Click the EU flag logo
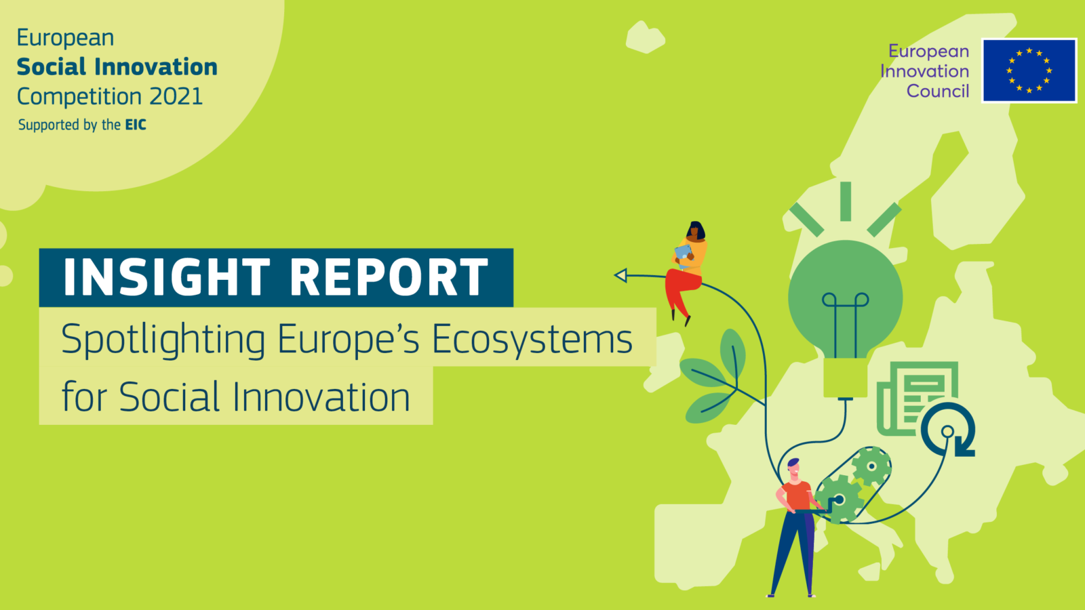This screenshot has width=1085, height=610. [1029, 70]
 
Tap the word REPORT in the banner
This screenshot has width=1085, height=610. [389, 277]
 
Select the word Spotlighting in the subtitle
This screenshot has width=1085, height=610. [163, 340]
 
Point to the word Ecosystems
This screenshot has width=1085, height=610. [532, 340]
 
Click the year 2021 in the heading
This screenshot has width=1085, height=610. [176, 96]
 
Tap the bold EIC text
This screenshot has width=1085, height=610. [136, 125]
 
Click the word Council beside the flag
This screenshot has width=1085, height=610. [938, 91]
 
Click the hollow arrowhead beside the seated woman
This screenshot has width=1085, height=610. [620, 275]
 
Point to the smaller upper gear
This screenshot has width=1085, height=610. [871, 466]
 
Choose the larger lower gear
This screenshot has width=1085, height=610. [840, 499]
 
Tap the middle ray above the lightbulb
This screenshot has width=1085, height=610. [846, 201]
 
